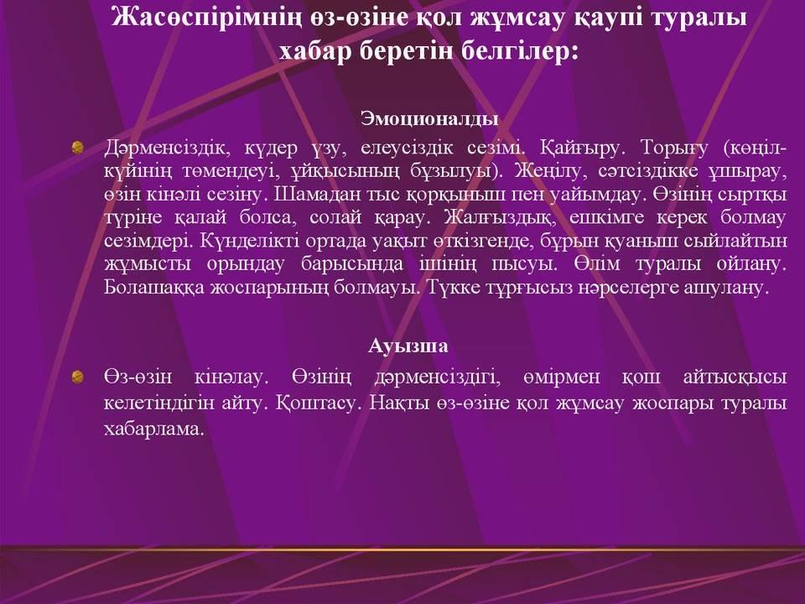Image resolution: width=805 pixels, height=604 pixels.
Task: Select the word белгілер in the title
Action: (518, 50)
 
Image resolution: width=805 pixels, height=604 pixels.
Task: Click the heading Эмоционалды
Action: (429, 118)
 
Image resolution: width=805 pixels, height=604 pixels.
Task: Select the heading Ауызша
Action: (408, 345)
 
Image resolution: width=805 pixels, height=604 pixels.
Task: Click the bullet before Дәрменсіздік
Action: (78, 148)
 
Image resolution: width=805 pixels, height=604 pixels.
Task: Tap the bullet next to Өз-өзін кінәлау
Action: (78, 377)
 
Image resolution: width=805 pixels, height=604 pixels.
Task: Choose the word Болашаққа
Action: (153, 287)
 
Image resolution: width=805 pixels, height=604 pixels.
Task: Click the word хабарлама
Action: (154, 429)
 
